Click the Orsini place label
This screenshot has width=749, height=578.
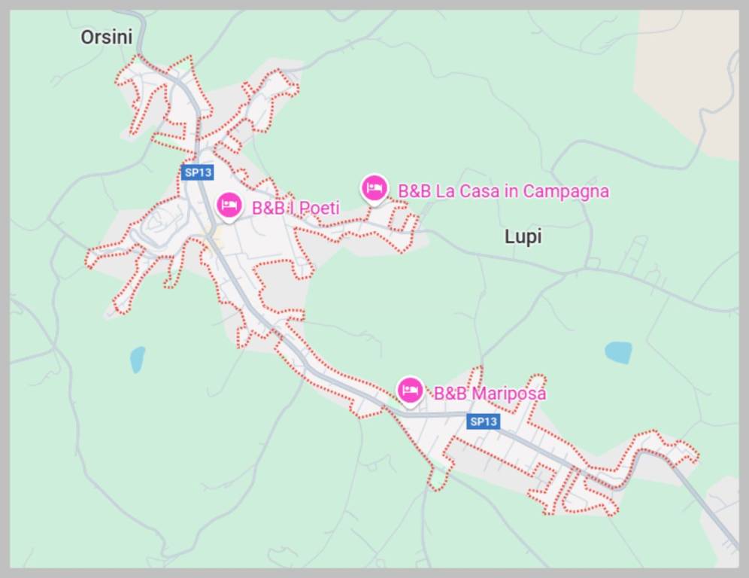[107, 37]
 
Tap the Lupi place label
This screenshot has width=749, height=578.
[523, 237]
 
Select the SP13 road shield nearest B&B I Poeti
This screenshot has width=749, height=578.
[198, 172]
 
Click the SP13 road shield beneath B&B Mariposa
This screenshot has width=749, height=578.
[483, 421]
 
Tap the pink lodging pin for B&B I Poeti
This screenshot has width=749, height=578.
[229, 205]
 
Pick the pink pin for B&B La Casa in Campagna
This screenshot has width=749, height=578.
[374, 188]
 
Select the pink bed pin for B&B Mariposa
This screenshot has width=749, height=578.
[410, 390]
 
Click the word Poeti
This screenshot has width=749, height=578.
[320, 208]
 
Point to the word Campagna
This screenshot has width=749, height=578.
[566, 192]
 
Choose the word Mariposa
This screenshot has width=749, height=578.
[509, 394]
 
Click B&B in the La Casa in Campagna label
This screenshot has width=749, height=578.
[414, 191]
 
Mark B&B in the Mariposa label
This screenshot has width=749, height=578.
[450, 394]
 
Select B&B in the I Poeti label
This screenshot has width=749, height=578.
[268, 208]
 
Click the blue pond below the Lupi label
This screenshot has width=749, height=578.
[618, 352]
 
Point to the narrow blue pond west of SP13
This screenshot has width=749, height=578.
[137, 360]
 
